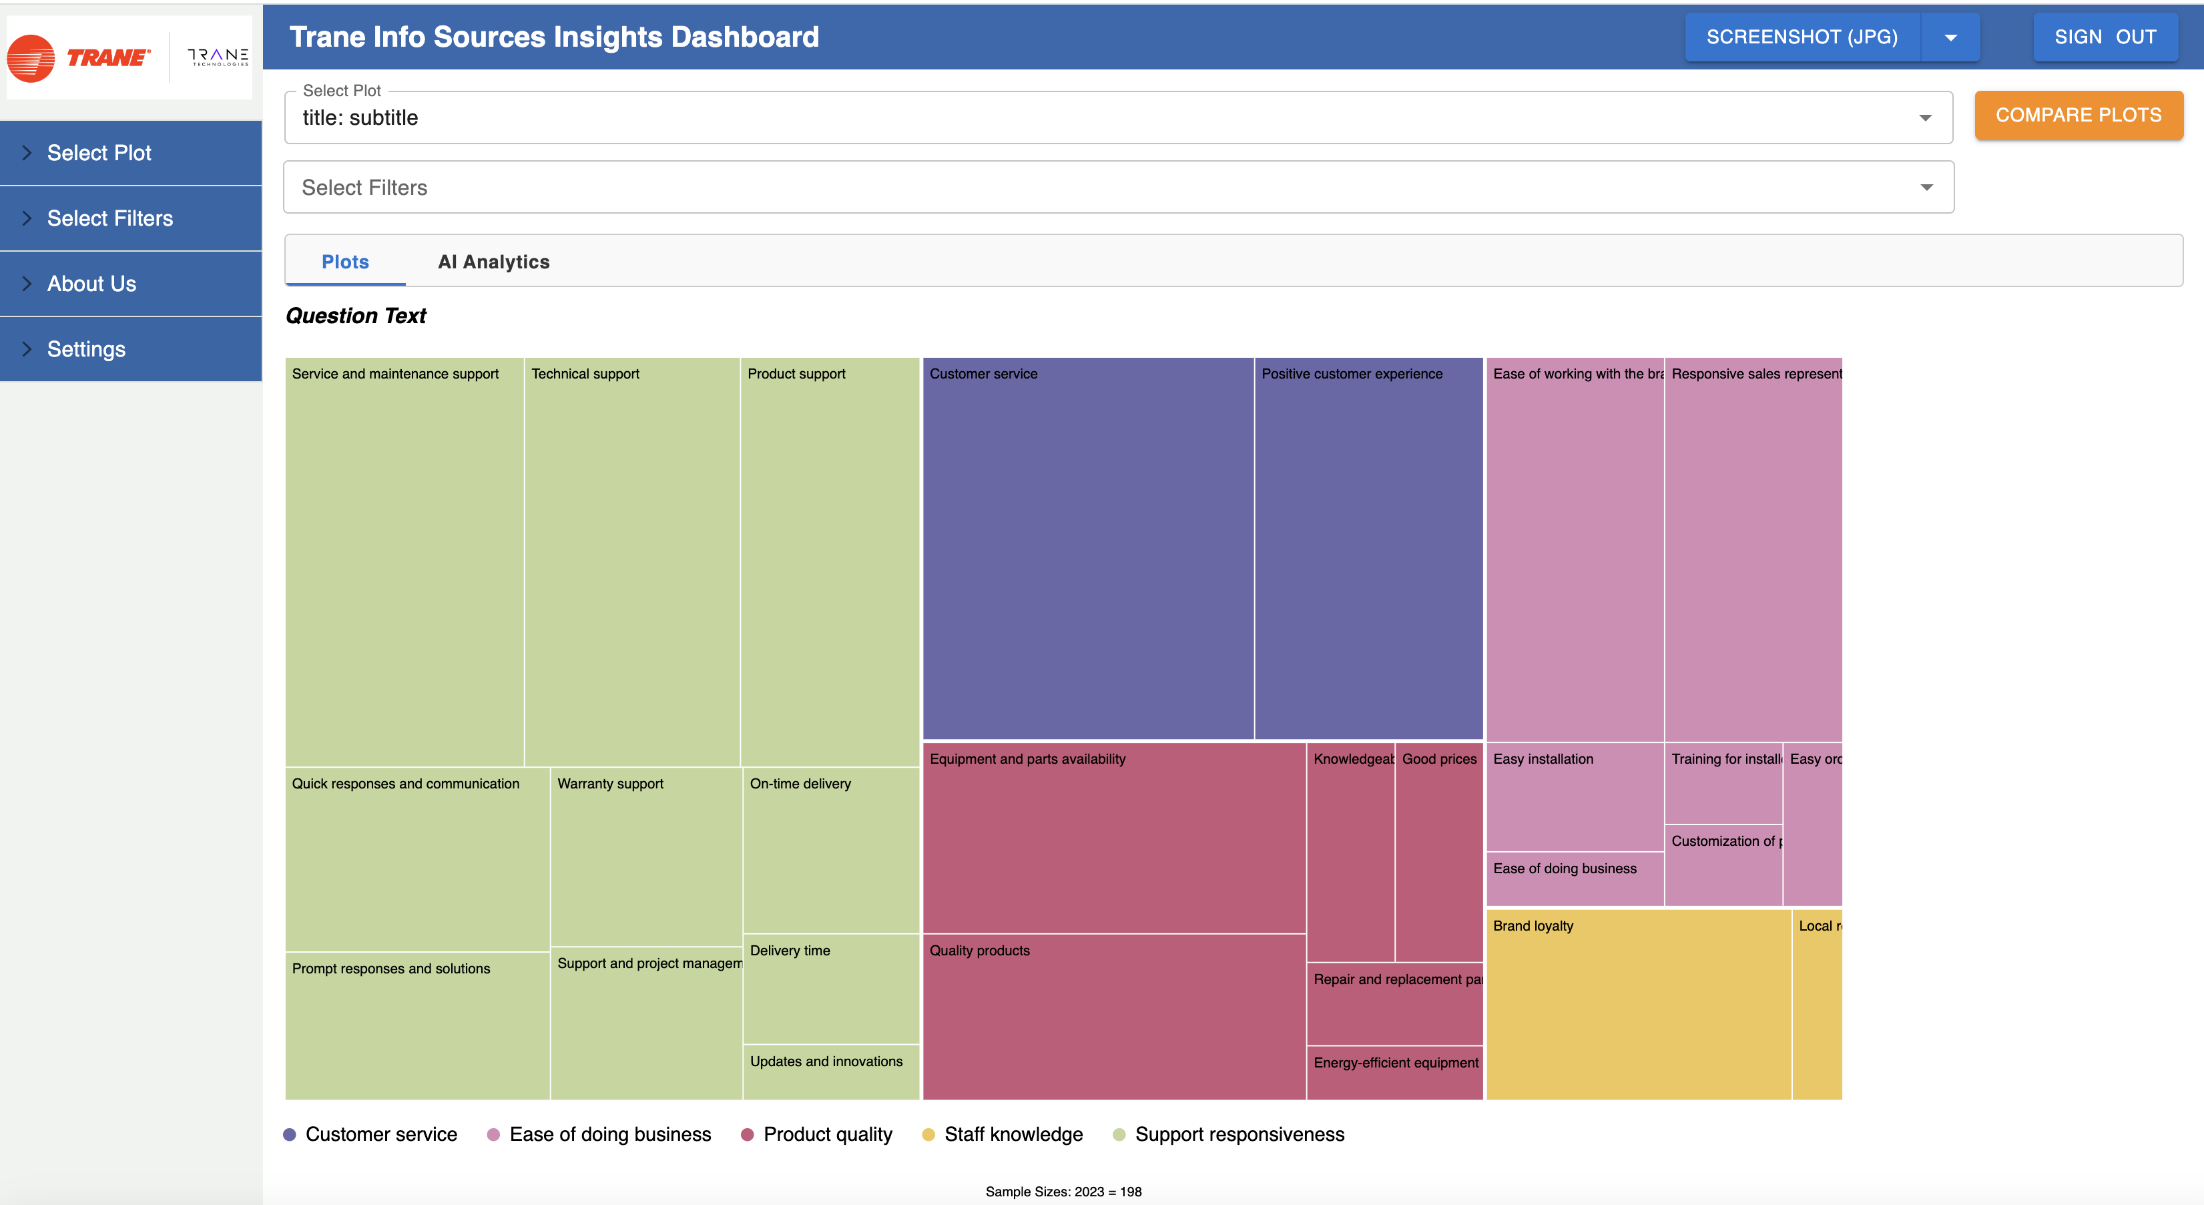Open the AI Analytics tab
point(494,262)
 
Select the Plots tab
point(345,262)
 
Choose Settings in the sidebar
point(86,349)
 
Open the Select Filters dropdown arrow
point(1926,188)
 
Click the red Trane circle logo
point(31,58)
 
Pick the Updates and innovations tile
point(830,1071)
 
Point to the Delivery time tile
point(830,989)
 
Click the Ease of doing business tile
point(1575,879)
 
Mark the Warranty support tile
point(646,856)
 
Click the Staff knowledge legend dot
point(928,1135)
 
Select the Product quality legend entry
point(826,1135)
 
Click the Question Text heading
point(356,316)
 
